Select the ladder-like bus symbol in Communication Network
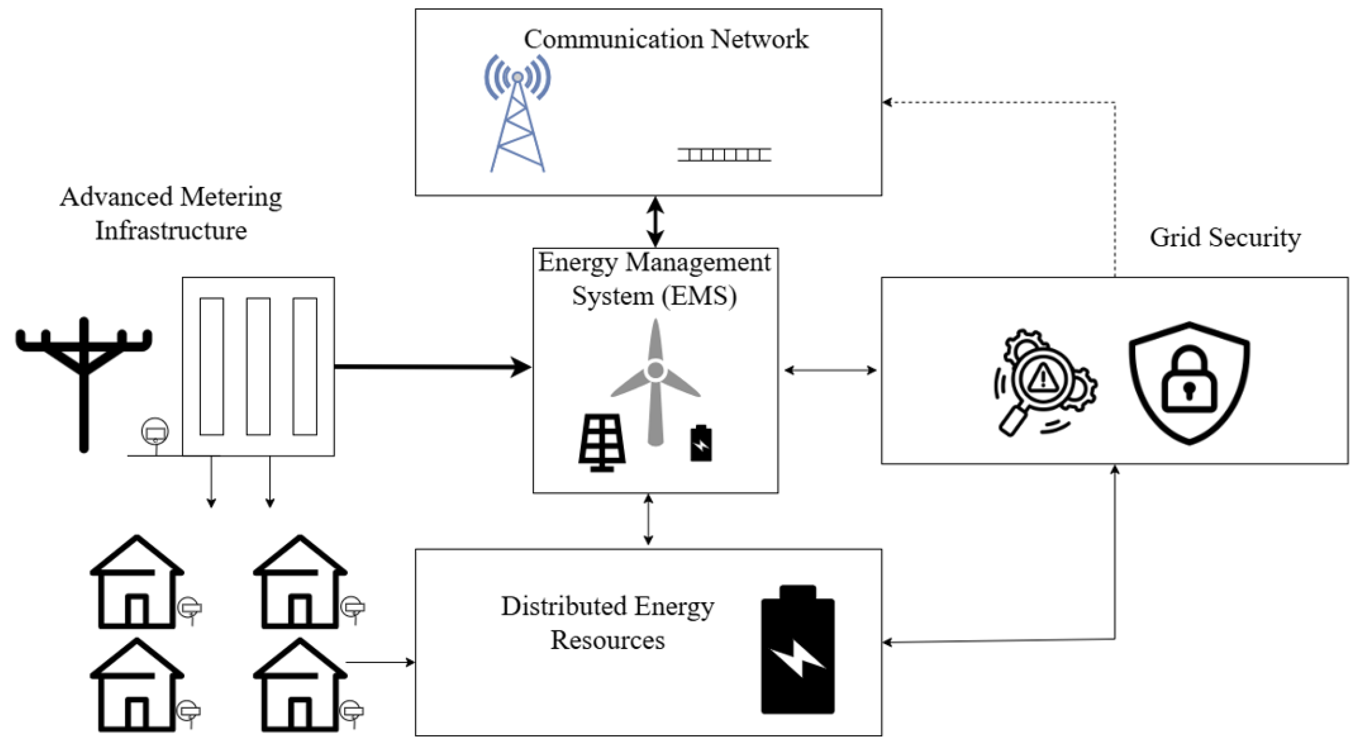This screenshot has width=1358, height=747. pos(724,155)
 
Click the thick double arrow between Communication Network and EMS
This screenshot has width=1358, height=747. pos(655,221)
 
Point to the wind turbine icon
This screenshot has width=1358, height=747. pos(655,380)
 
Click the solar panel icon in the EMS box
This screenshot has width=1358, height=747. pos(602,443)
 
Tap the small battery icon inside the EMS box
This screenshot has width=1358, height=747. pos(701,444)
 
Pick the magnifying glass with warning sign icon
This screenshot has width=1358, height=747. pos(1044,382)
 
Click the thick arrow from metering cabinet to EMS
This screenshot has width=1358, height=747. pos(432,367)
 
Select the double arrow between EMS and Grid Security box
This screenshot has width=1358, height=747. pos(830,371)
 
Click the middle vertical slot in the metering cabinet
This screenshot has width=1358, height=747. pos(258,366)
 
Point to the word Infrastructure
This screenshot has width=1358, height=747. pos(171,231)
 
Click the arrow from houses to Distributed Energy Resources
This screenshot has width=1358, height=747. pos(380,662)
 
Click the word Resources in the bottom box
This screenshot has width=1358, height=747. pos(607,640)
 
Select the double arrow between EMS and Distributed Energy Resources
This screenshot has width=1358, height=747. pos(648,519)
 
